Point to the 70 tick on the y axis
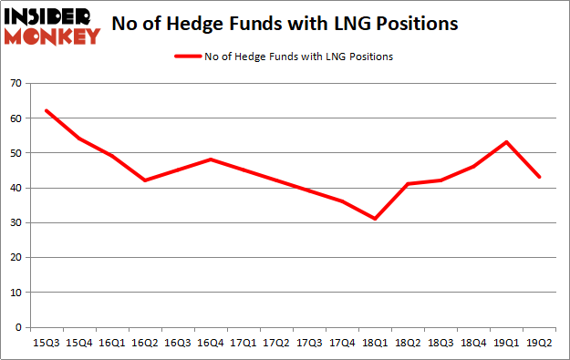pos(16,83)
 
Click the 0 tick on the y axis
pos(19,327)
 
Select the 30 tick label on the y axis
pos(16,222)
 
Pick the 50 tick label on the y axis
pos(16,153)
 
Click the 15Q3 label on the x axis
pos(45,344)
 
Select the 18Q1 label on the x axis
pos(374,344)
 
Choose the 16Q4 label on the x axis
pos(210,344)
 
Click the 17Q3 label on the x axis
pos(308,344)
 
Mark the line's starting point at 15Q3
pos(45,110)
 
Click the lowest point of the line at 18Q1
pos(375,219)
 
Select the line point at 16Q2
pos(144,180)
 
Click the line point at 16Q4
pos(210,159)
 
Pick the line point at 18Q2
pos(408,184)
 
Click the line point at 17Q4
pos(342,201)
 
